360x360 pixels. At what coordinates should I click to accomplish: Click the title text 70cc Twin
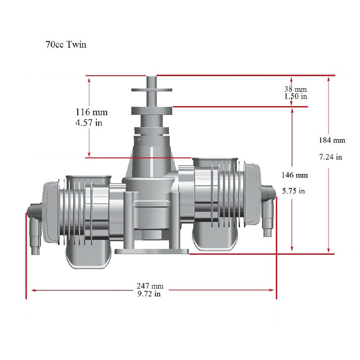66,45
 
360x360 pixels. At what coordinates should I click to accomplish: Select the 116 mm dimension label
92,112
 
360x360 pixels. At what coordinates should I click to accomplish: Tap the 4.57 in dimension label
89,123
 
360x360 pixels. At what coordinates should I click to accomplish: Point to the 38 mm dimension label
296,89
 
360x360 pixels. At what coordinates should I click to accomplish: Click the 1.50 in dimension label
296,96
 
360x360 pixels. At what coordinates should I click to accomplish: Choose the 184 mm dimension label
332,140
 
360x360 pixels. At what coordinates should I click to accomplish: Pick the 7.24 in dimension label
331,157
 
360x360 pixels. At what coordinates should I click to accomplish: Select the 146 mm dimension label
295,175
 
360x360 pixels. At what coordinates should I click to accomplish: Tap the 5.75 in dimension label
293,191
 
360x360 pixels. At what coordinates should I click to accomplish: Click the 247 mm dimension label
150,286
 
